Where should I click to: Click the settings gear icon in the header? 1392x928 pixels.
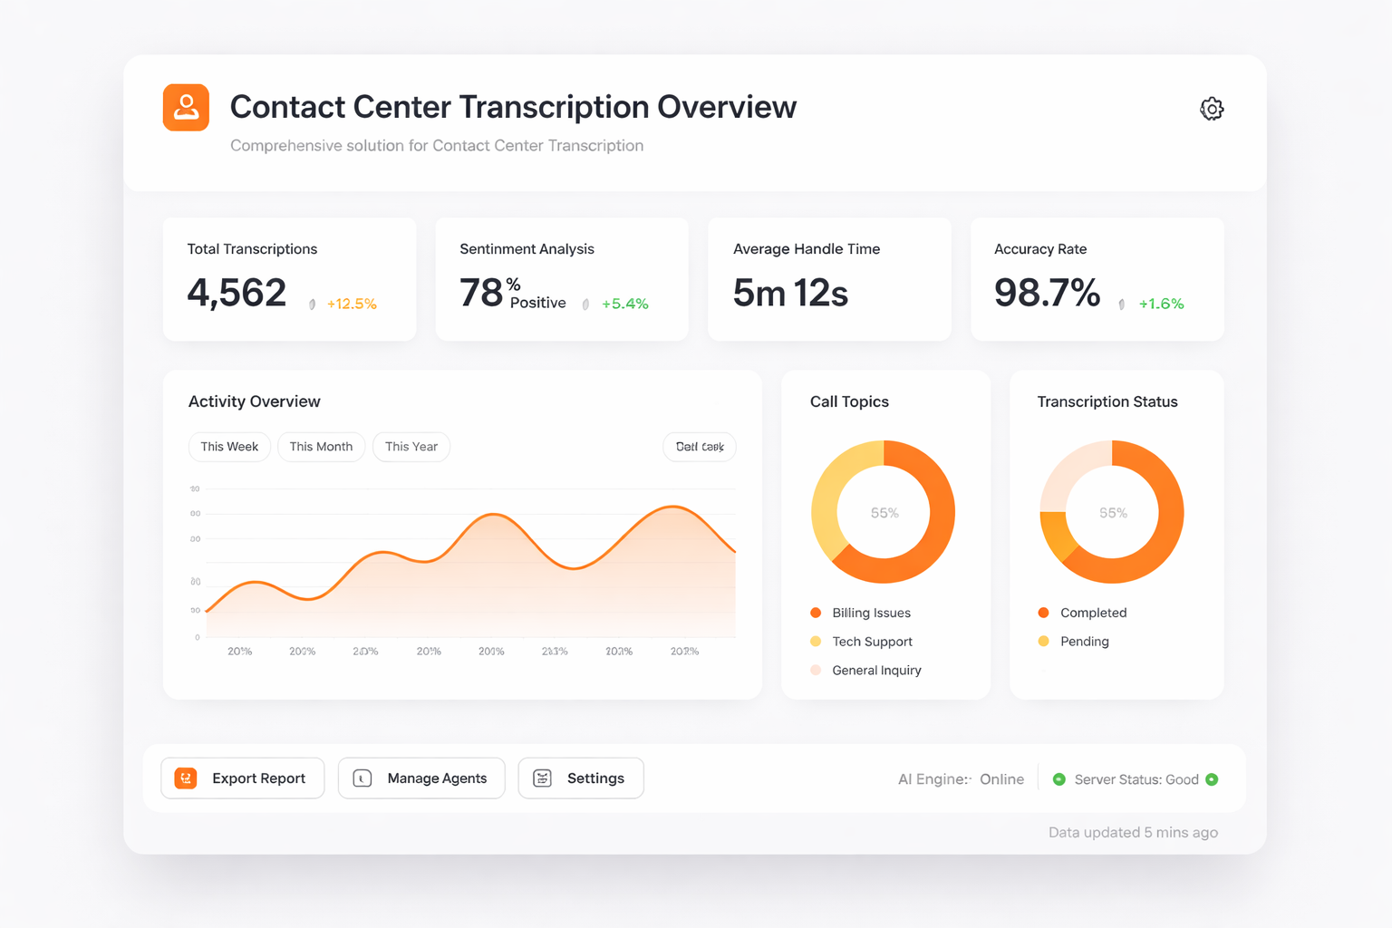point(1212,109)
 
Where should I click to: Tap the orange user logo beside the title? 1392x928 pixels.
point(186,108)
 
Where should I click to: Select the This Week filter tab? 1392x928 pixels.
point(229,447)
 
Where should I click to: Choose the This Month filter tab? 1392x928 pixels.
point(321,447)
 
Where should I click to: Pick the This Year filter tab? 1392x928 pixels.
point(411,447)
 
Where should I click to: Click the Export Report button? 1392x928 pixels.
point(242,778)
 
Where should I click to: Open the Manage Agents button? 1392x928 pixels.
point(421,778)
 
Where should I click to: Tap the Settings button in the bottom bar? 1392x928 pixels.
point(581,778)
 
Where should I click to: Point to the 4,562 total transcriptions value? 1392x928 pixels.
point(237,293)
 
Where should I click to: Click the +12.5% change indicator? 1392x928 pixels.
point(352,304)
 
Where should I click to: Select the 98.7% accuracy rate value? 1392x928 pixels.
point(1047,293)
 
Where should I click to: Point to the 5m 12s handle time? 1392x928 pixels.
point(790,293)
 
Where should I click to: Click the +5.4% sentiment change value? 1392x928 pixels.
point(624,304)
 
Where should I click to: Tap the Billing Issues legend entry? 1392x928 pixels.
point(870,613)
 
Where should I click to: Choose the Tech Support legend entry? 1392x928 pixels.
point(871,642)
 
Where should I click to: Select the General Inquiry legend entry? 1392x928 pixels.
point(875,671)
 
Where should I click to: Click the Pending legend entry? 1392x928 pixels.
point(1084,642)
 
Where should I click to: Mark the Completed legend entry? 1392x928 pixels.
point(1093,613)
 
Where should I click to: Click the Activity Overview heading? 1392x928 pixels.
point(255,401)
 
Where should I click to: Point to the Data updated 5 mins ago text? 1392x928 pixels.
point(1133,833)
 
